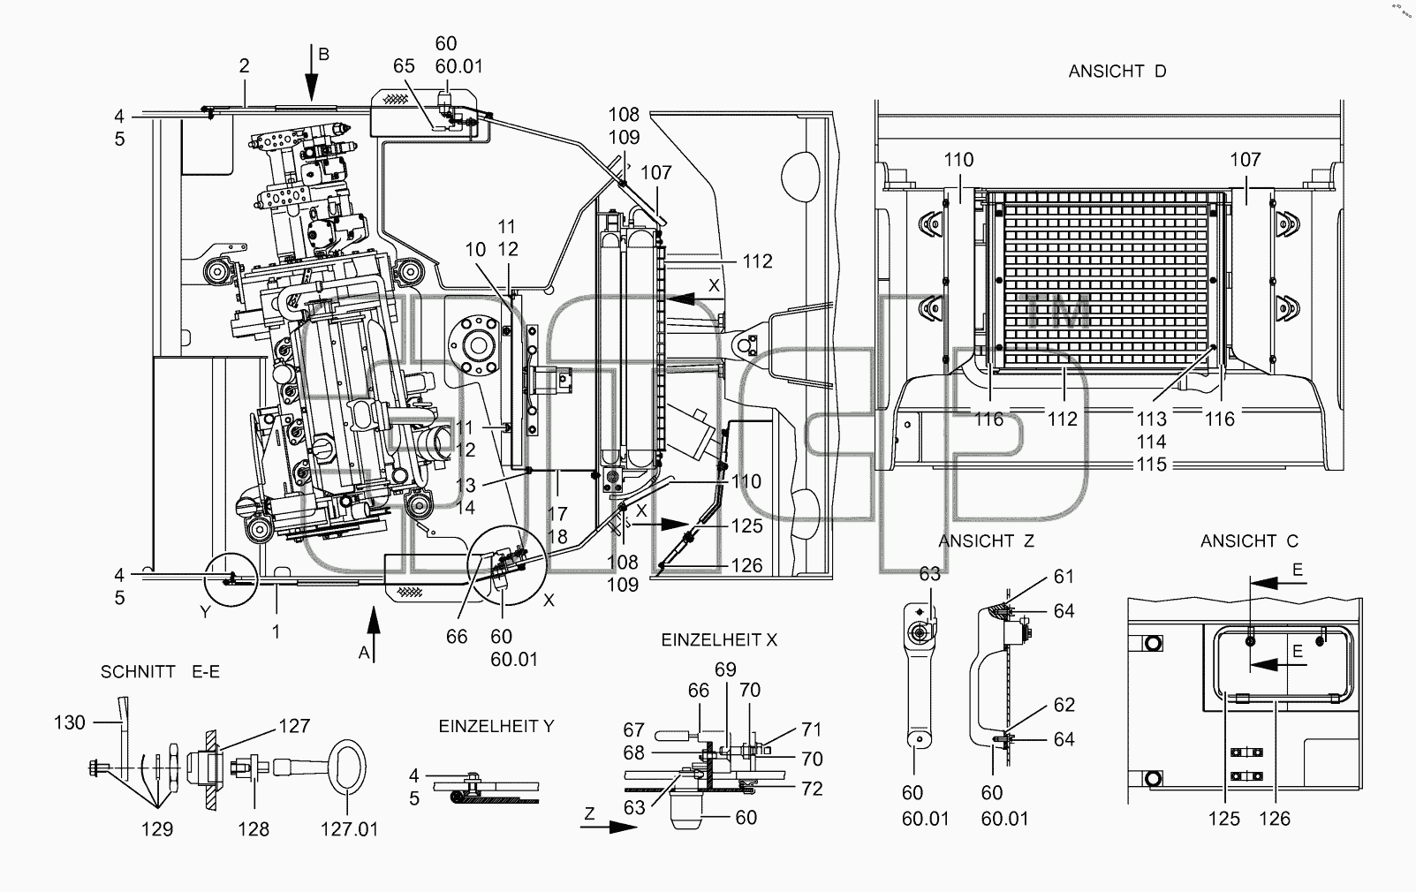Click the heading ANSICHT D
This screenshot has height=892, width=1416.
(x=1117, y=72)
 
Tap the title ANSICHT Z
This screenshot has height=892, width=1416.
(x=986, y=541)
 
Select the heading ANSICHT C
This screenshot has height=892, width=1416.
(x=1249, y=541)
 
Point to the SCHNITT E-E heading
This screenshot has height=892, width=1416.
(x=160, y=671)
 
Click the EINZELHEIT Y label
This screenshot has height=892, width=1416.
(x=496, y=726)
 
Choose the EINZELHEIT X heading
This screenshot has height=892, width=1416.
(x=719, y=639)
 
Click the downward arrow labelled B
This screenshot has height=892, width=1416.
(x=311, y=72)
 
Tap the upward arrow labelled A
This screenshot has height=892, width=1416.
(x=374, y=634)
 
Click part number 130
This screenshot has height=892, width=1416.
(x=70, y=722)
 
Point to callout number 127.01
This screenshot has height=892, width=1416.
(x=349, y=828)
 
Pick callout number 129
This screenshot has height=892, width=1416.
(x=156, y=828)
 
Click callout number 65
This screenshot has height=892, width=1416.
(x=404, y=65)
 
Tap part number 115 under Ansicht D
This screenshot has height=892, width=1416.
(x=1151, y=464)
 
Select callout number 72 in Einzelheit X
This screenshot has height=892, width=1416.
(x=813, y=789)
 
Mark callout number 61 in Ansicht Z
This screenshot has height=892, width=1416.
(x=1064, y=576)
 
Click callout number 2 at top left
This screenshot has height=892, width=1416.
(x=245, y=65)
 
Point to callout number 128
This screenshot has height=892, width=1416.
(x=254, y=828)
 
